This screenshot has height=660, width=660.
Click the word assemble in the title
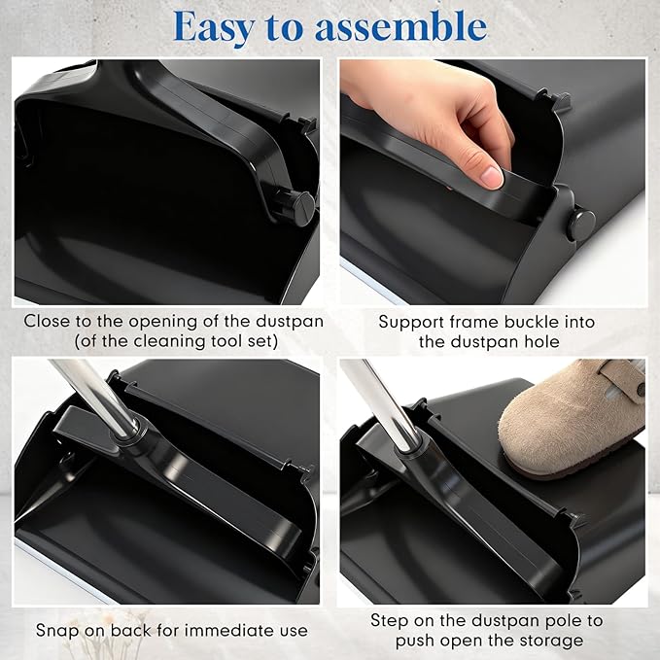click(407, 26)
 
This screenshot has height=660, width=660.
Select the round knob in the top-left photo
click(297, 206)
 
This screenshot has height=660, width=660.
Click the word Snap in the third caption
click(56, 630)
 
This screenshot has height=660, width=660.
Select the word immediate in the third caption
click(222, 630)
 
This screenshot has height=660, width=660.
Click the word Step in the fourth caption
click(390, 619)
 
